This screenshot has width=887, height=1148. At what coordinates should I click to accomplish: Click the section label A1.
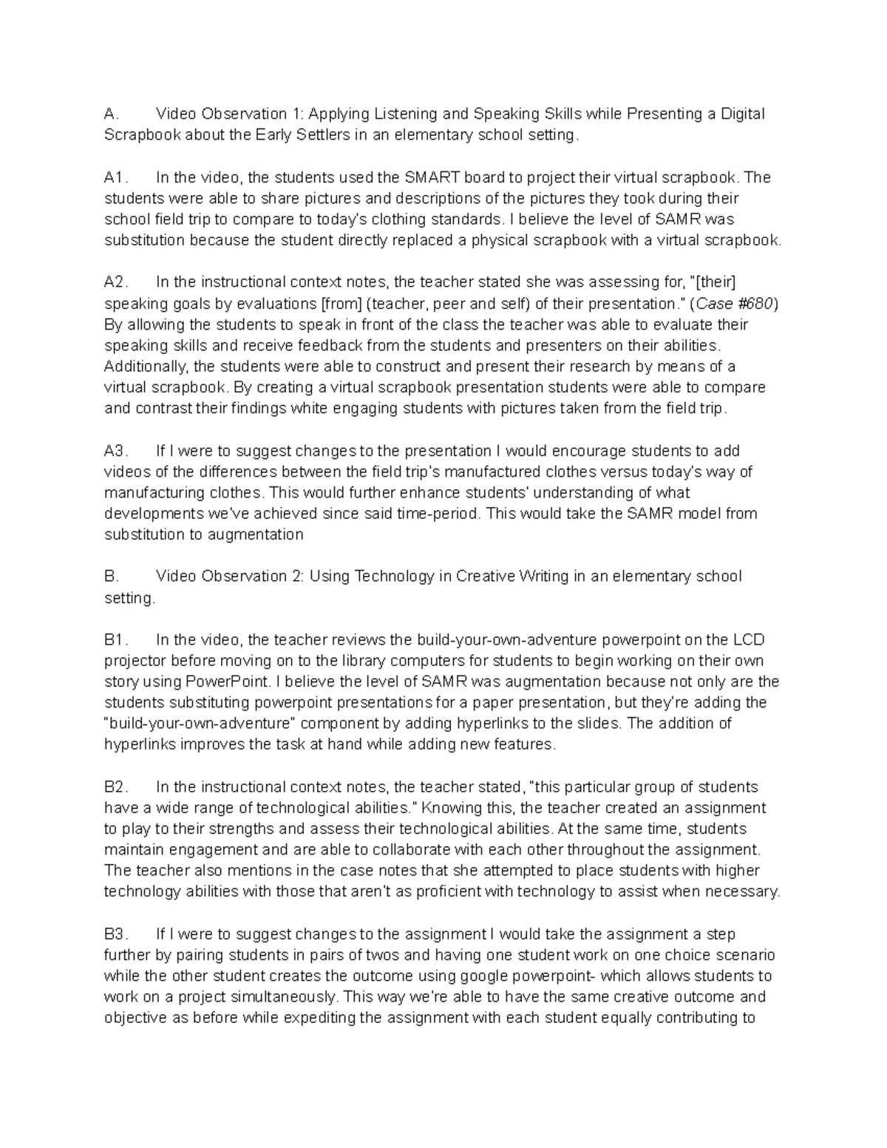point(116,177)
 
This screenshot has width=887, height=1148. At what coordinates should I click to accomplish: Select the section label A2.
point(117,282)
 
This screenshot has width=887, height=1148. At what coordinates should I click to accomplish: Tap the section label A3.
point(117,451)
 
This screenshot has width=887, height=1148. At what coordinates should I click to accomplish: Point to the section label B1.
point(117,639)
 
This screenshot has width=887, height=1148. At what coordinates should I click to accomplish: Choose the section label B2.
point(117,787)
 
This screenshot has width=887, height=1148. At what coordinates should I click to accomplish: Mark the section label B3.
point(117,934)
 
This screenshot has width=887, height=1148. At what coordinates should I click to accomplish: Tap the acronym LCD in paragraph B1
point(748,639)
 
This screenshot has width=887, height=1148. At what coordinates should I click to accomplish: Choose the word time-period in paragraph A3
point(438,514)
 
